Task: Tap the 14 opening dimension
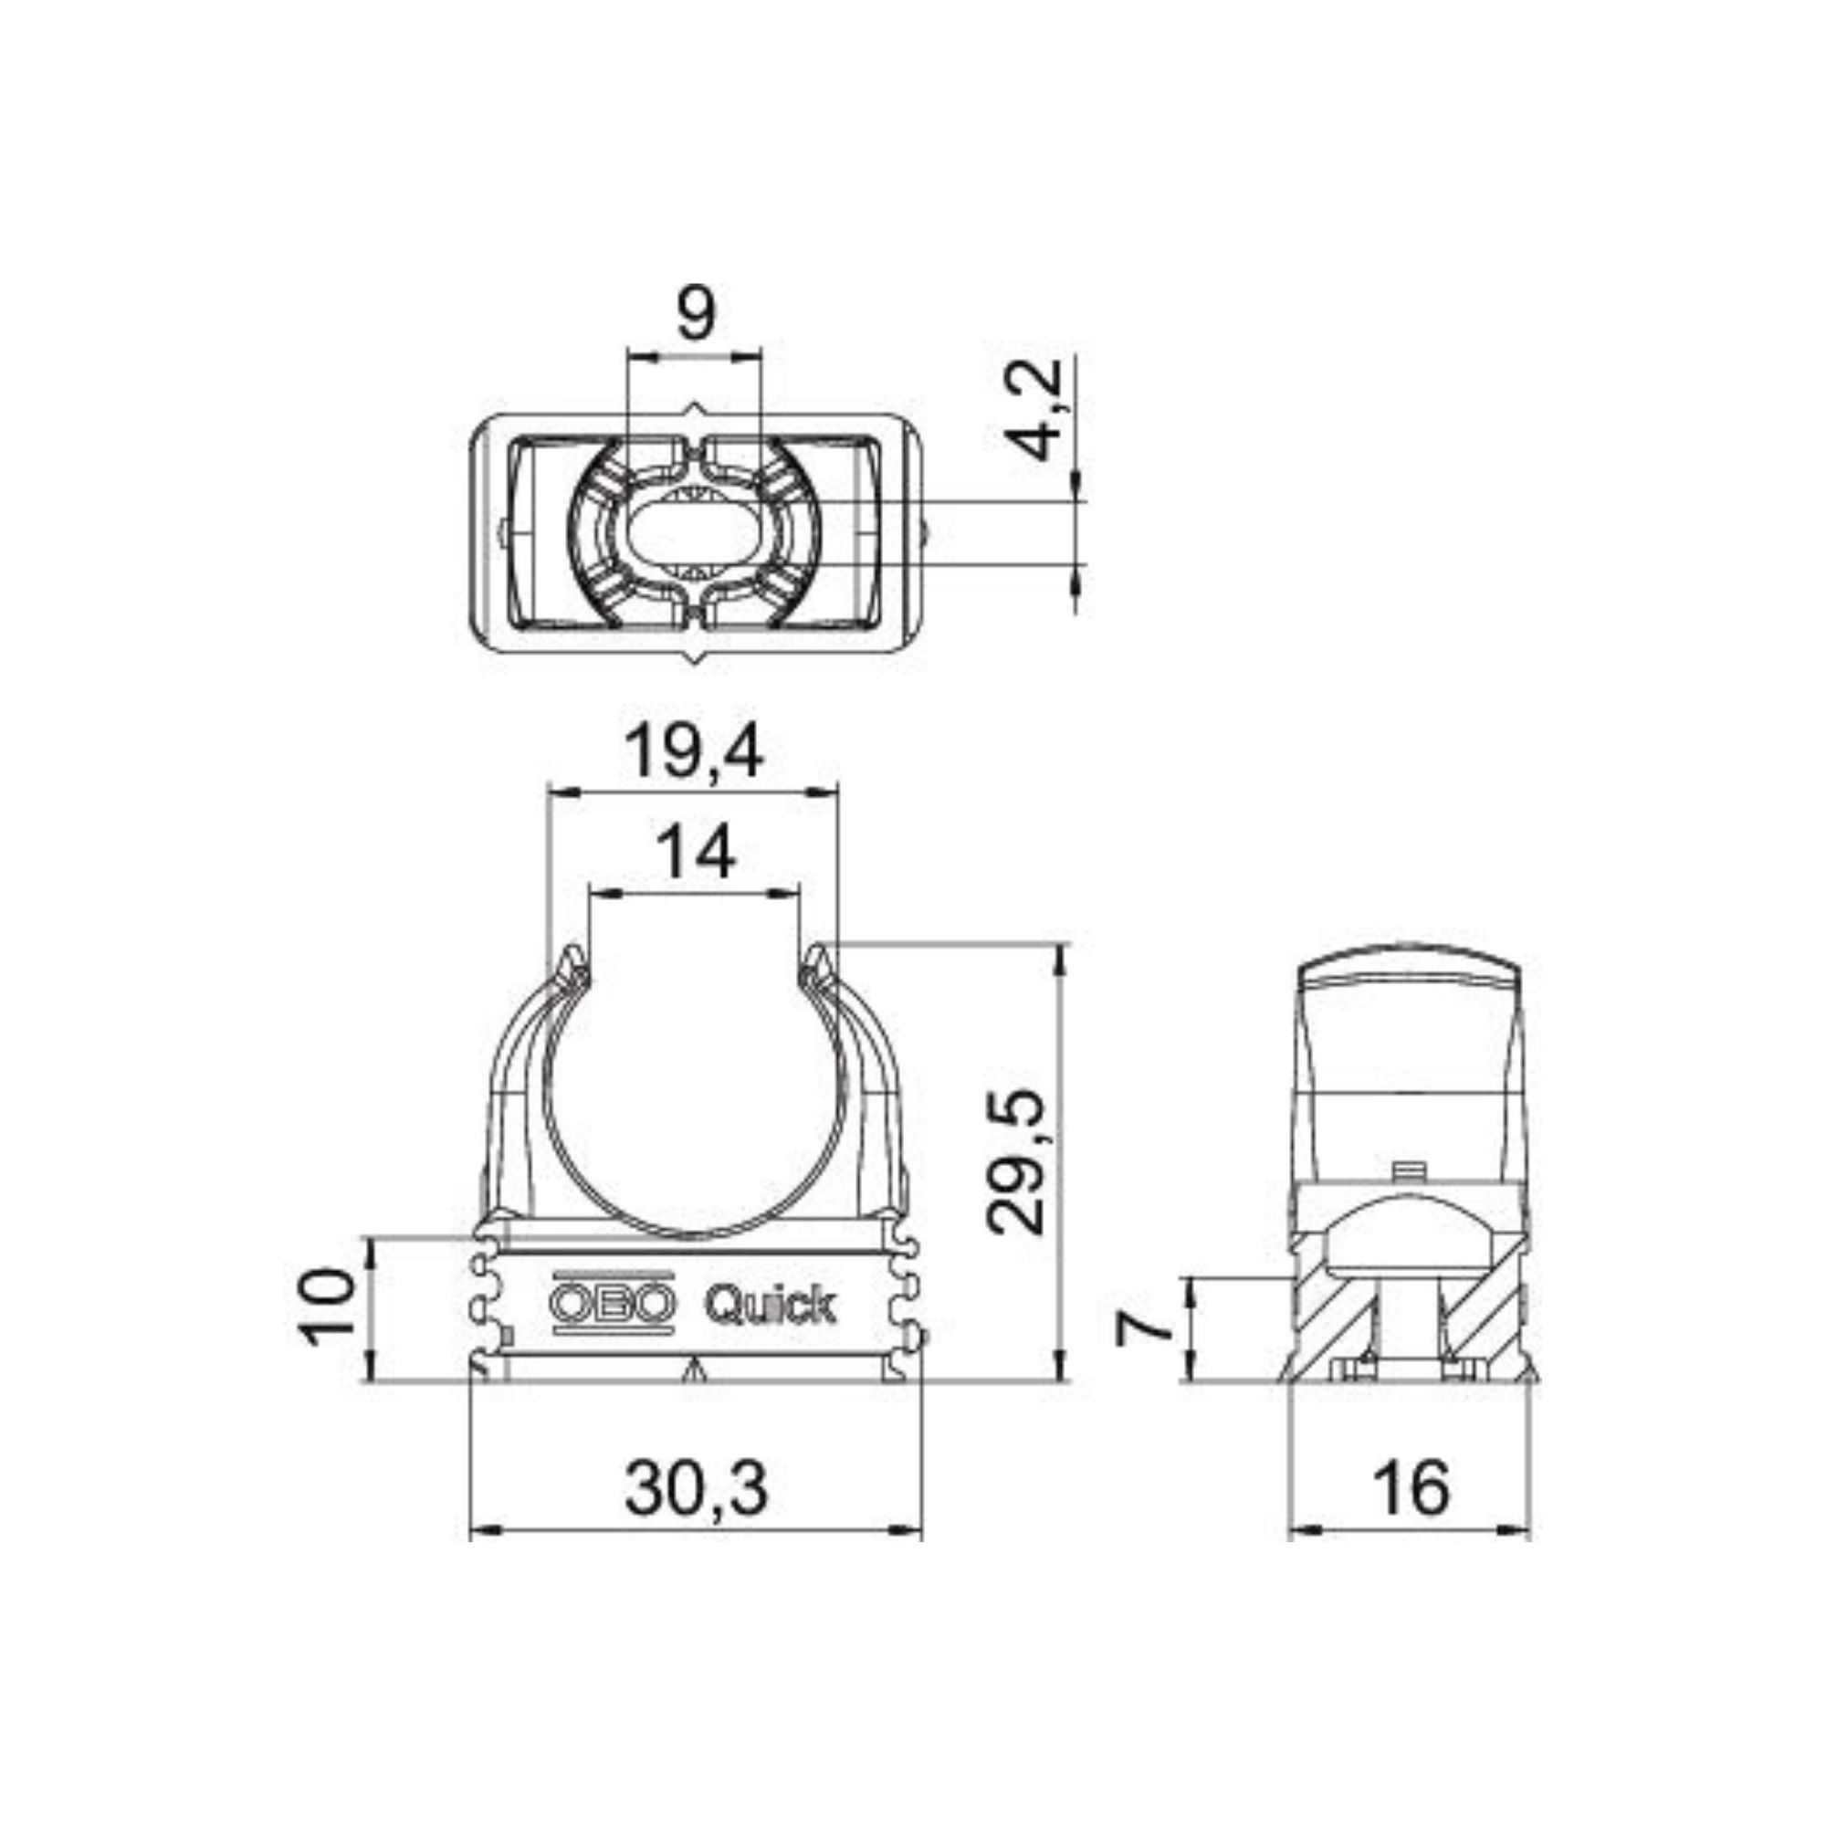pos(696,852)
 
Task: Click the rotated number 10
pos(328,1307)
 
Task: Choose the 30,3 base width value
pos(696,1487)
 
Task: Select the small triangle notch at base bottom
pos(696,1369)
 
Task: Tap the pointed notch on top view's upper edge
pos(697,408)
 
